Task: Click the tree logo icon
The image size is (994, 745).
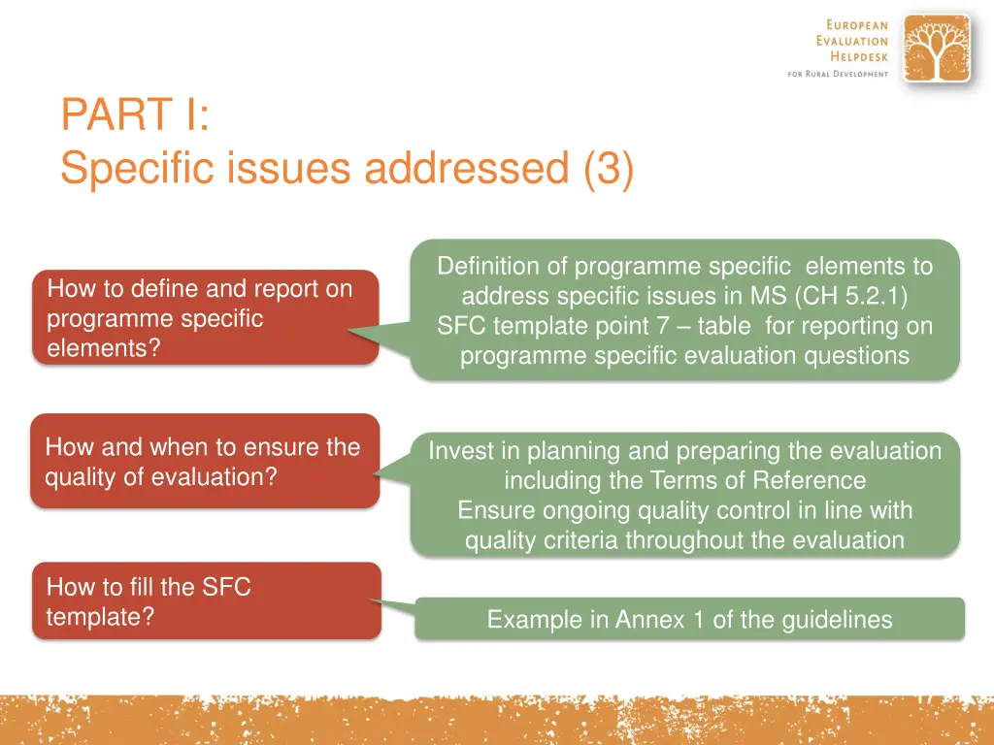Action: click(x=937, y=49)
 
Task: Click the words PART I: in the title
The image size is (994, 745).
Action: click(x=135, y=114)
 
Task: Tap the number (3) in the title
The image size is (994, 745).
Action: click(x=609, y=168)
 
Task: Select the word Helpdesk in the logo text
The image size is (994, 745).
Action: click(x=859, y=56)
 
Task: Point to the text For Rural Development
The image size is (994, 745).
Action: click(x=838, y=74)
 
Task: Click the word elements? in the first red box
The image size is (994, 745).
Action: click(x=104, y=348)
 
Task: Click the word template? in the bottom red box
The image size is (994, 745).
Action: click(x=100, y=616)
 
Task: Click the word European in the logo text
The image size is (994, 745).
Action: click(x=857, y=24)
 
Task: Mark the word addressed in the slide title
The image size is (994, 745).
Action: click(x=467, y=168)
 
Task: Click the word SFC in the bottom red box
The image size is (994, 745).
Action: click(x=226, y=587)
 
